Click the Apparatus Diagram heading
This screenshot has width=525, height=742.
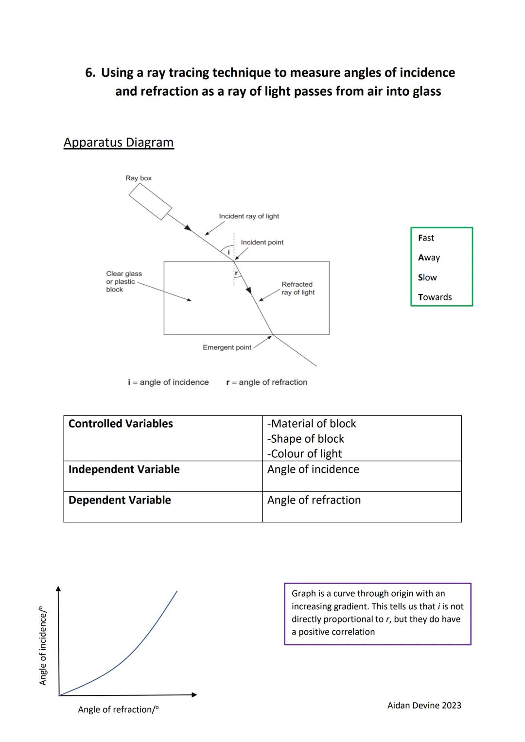click(x=119, y=142)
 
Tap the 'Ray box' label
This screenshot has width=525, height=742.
click(x=139, y=178)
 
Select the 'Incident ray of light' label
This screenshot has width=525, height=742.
click(x=249, y=216)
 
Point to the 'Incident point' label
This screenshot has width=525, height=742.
click(x=262, y=242)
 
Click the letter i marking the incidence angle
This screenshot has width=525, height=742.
click(x=228, y=252)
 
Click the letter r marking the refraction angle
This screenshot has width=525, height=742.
click(x=236, y=273)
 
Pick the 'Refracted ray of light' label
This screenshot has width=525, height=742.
click(x=297, y=288)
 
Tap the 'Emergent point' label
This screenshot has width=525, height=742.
click(x=227, y=347)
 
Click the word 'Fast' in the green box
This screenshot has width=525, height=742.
click(x=426, y=238)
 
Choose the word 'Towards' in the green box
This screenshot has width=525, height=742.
click(x=435, y=297)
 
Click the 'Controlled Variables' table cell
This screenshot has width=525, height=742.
click(x=121, y=424)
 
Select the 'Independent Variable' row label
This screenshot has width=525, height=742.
click(x=124, y=469)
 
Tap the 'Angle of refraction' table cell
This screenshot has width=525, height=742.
click(x=314, y=500)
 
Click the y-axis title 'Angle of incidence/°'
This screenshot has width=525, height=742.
click(x=43, y=645)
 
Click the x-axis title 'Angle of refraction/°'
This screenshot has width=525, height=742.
click(x=118, y=709)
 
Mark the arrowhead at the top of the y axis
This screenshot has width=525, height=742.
click(x=59, y=589)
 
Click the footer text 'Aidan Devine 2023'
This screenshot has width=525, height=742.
click(x=424, y=706)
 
